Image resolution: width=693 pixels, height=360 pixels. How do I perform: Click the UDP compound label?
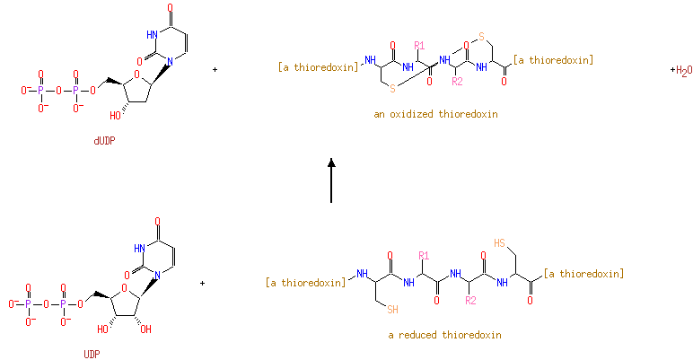tap(92, 354)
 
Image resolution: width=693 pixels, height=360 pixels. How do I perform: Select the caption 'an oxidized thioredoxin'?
tap(435, 115)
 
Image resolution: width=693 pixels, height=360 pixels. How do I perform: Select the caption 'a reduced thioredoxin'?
tap(444, 335)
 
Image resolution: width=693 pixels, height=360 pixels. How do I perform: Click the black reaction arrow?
tap(331, 180)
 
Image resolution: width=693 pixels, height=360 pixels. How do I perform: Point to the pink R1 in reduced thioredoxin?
tap(425, 255)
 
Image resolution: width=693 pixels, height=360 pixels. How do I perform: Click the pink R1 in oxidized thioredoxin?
tap(419, 45)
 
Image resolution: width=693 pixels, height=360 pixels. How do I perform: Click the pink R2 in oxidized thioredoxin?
tap(457, 82)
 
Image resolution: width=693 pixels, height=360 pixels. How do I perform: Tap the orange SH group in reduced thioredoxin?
tap(392, 312)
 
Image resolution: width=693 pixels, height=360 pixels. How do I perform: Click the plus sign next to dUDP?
tap(215, 68)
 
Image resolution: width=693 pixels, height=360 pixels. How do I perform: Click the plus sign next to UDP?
tap(203, 283)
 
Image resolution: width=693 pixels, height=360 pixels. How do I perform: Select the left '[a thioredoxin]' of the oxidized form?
tap(319, 66)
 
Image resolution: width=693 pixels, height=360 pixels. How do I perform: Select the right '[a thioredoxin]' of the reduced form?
tap(583, 273)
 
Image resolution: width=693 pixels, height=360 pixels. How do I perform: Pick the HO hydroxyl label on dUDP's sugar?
tap(115, 115)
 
